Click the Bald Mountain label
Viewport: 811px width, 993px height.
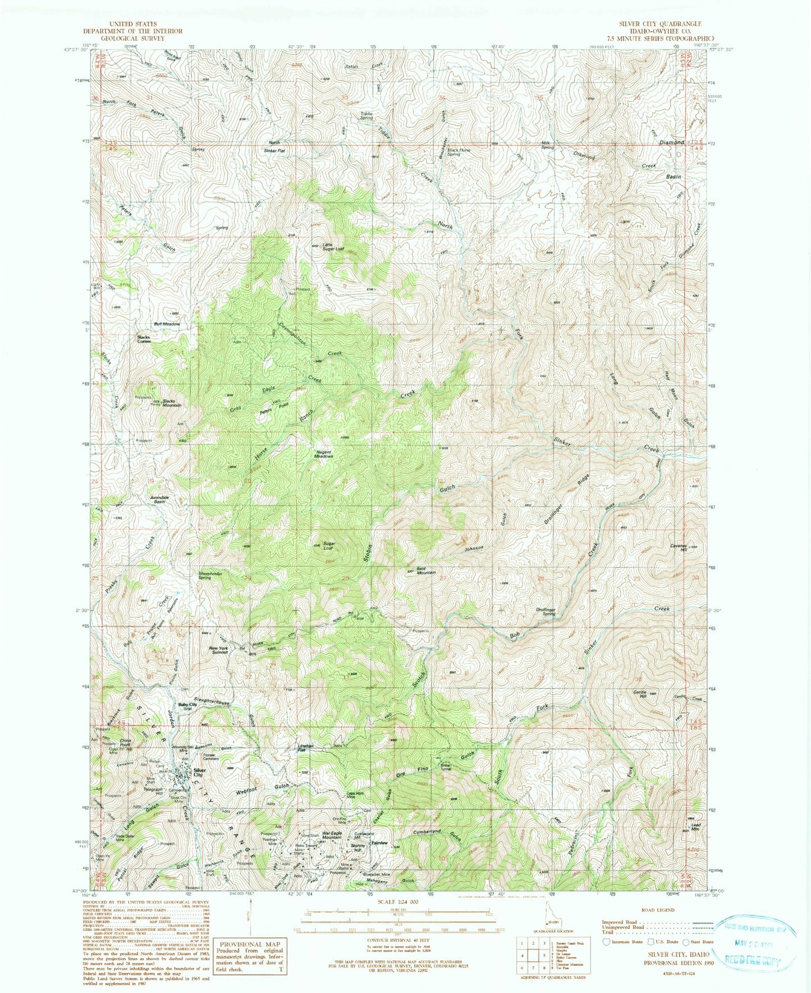point(425,570)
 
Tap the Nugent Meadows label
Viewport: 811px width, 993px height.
point(323,454)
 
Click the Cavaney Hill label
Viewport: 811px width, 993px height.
point(679,547)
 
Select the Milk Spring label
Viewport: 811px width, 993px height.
point(547,145)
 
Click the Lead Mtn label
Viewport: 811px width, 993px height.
point(696,827)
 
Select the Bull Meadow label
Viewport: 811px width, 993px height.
point(167,324)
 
